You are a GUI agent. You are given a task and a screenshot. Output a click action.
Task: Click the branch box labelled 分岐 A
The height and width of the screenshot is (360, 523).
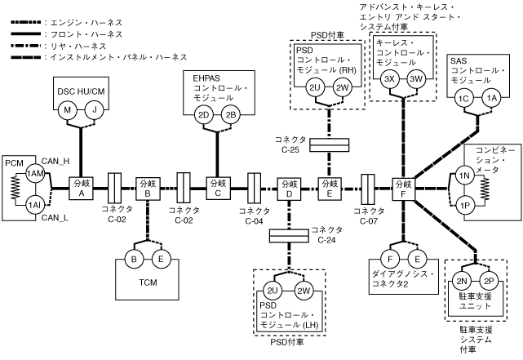pyautogui.click(x=81, y=189)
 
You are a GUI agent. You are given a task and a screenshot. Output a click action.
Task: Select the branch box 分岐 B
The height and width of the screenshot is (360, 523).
pyautogui.click(x=148, y=189)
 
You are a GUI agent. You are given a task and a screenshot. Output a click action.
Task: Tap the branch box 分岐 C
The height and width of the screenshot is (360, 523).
pyautogui.click(x=218, y=189)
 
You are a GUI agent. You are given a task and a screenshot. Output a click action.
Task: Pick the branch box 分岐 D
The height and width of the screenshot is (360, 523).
pyautogui.click(x=289, y=189)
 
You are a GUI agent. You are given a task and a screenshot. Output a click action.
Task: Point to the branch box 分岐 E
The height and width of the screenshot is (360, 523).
pyautogui.click(x=330, y=189)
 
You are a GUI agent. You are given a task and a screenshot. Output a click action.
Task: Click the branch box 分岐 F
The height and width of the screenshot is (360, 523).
pyautogui.click(x=403, y=189)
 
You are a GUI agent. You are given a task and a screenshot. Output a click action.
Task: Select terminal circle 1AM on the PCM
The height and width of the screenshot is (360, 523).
pyautogui.click(x=34, y=175)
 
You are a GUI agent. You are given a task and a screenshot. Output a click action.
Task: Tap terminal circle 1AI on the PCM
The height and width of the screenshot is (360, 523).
pyautogui.click(x=34, y=204)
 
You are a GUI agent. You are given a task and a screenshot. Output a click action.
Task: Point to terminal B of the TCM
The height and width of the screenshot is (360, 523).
pyautogui.click(x=133, y=261)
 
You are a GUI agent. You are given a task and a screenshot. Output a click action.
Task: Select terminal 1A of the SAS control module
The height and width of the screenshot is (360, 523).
pyautogui.click(x=491, y=98)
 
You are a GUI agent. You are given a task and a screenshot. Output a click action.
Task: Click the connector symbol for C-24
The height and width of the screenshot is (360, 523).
pyautogui.click(x=289, y=236)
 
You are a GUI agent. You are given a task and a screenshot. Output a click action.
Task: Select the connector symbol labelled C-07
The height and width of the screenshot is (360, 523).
pyautogui.click(x=367, y=189)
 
